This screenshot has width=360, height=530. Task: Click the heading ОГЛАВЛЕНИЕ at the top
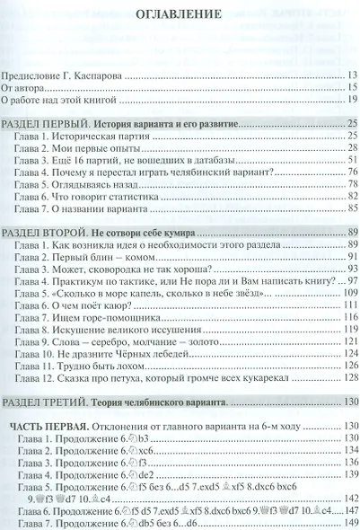tap(180, 15)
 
